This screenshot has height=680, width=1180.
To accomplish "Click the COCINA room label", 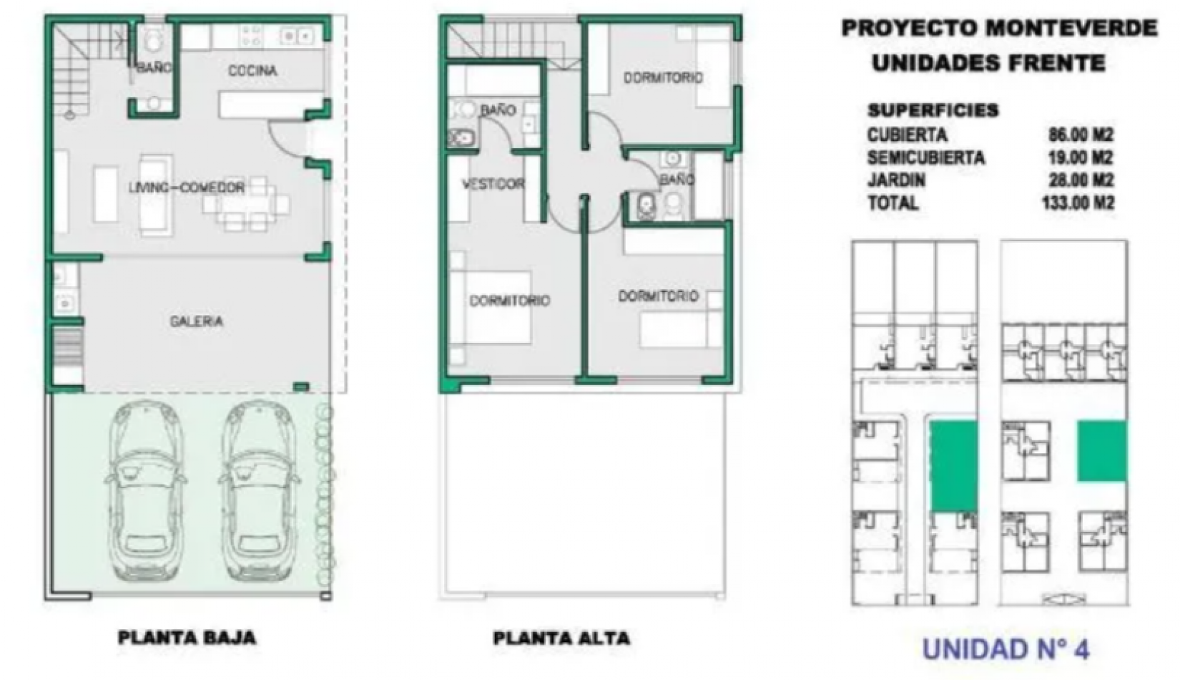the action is click(x=252, y=71).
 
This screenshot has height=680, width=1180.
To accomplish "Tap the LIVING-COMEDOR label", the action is click(x=187, y=187).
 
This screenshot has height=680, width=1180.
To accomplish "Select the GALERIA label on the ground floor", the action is click(x=197, y=321).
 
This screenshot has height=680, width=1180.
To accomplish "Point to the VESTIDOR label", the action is click(x=493, y=184).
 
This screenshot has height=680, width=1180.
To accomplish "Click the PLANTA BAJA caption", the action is click(x=187, y=638).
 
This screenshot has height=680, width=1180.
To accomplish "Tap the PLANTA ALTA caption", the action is click(x=561, y=638).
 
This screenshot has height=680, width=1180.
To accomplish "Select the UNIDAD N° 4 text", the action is click(x=1006, y=649).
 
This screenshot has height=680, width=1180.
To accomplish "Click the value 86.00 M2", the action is click(x=1081, y=135).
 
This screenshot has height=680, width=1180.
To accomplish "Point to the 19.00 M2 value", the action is click(x=1081, y=157).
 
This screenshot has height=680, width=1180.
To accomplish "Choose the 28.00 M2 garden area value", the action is click(x=1081, y=180).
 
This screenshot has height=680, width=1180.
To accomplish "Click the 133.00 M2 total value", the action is click(x=1078, y=203).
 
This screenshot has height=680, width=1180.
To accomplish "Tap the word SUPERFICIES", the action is click(x=933, y=111).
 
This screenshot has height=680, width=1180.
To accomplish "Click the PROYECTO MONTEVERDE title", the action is click(x=999, y=28).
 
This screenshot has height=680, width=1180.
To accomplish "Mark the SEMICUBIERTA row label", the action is click(x=925, y=157).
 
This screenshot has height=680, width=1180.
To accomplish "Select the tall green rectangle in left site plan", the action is click(x=953, y=467).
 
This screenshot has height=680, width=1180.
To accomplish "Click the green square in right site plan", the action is click(x=1102, y=451).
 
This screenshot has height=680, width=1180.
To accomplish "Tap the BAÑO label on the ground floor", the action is click(x=154, y=67).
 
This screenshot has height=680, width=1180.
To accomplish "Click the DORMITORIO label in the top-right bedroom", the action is click(x=663, y=78).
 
